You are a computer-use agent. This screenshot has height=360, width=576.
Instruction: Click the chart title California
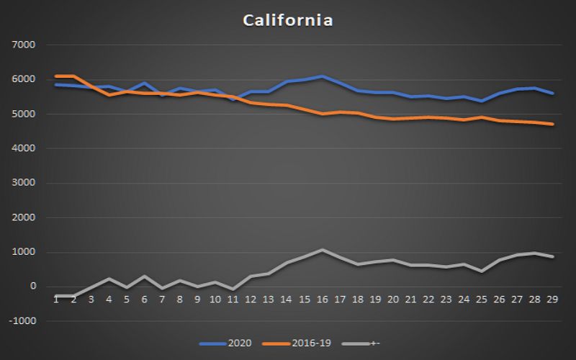tap(287, 20)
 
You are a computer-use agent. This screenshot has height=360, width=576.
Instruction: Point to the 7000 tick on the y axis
tap(25, 45)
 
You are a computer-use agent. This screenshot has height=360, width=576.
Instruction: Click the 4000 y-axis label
tap(25, 148)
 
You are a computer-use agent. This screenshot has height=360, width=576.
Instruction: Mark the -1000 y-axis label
tap(24, 321)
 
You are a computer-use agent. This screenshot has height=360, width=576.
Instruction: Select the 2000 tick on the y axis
tap(25, 217)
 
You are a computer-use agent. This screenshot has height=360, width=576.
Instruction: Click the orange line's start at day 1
tap(56, 76)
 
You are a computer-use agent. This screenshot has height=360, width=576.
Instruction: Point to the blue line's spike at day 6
tap(145, 83)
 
